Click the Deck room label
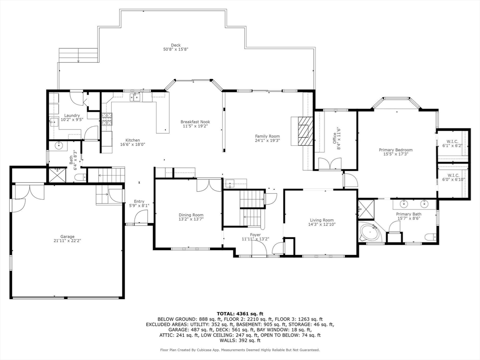[175, 45]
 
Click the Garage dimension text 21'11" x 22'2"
[67, 240]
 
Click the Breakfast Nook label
[195, 122]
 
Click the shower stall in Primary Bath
[366, 210]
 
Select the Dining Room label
[191, 215]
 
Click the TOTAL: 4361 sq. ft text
[240, 314]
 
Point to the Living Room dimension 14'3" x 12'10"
[322, 225]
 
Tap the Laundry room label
[72, 115]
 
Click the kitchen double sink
[135, 97]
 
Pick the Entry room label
[139, 202]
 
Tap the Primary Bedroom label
[396, 150]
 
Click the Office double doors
[330, 163]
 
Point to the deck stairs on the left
[78, 55]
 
